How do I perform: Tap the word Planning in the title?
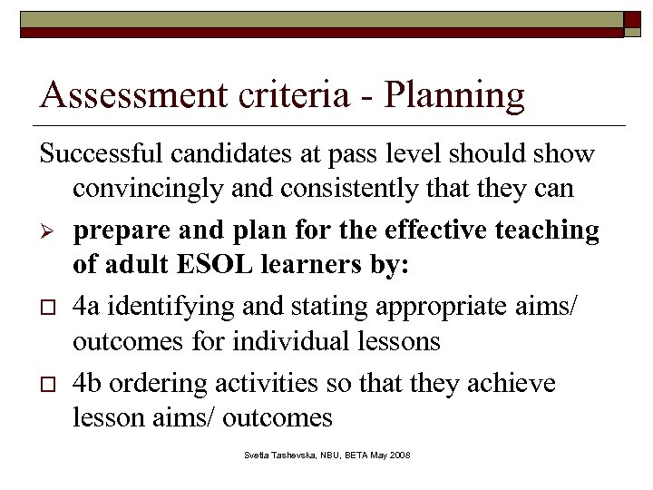coord(454,96)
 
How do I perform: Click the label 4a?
coord(89,306)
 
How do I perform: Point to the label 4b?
coord(90,382)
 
